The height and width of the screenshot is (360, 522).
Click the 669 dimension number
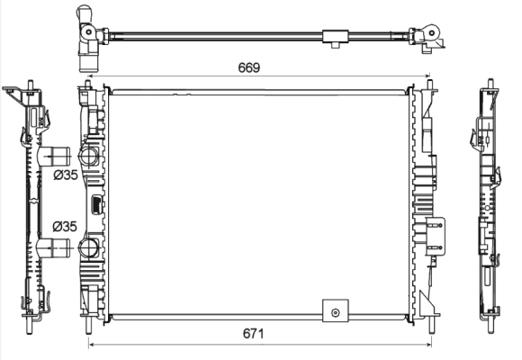pos(248,67)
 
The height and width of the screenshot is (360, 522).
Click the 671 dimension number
pos(253,333)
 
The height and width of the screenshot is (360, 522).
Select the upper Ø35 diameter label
pos(66,175)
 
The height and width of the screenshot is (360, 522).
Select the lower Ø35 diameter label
pos(65,227)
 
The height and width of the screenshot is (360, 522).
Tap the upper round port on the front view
pos(88,156)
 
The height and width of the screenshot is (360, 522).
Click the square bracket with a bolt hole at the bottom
pos(336,310)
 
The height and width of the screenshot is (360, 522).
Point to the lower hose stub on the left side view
pos(54,248)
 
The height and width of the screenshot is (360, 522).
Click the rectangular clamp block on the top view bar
pos(336,36)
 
